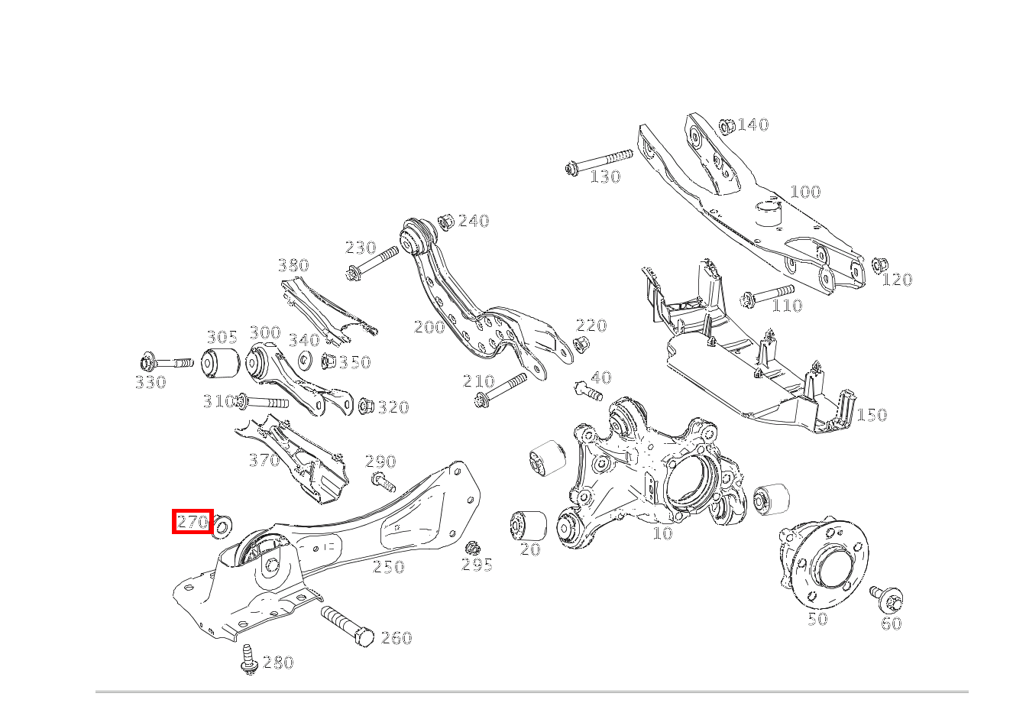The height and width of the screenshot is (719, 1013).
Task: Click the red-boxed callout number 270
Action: point(191,522)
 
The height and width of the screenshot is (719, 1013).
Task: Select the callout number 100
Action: point(804,191)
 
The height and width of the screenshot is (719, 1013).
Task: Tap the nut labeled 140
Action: point(727,125)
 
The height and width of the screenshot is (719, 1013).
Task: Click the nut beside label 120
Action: point(879,266)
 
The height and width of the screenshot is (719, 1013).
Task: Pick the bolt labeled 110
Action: point(767,294)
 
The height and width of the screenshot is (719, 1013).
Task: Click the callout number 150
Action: point(871,415)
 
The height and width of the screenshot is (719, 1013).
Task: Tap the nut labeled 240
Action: point(448,220)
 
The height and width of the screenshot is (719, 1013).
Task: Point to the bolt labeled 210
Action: point(500,387)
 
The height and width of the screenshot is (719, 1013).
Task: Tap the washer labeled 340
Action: point(305,361)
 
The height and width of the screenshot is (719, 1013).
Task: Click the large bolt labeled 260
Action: point(348,625)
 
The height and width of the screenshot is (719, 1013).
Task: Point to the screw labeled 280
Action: point(248,659)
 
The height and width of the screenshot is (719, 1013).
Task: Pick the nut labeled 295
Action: point(473,548)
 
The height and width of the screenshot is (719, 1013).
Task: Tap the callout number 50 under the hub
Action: point(817,619)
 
